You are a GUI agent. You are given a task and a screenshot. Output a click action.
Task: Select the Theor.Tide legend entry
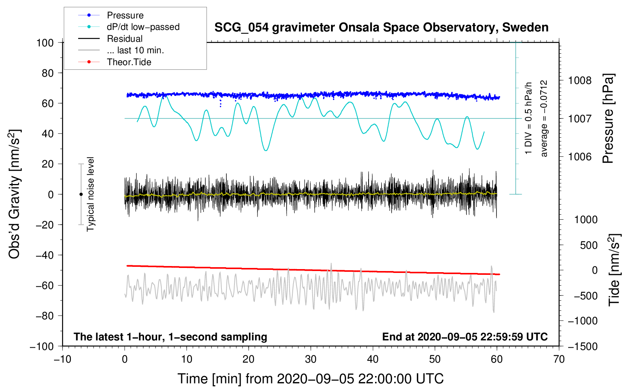[129, 62]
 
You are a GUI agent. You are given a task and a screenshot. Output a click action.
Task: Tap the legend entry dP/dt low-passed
[143, 27]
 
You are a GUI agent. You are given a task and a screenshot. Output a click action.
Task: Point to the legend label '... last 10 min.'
[135, 50]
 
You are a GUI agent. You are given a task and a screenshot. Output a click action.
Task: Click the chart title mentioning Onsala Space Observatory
[381, 28]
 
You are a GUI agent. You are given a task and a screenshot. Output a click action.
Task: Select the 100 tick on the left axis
[45, 43]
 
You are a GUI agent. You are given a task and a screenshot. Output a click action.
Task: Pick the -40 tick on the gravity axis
[44, 255]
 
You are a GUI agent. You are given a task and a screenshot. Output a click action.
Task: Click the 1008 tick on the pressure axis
[580, 80]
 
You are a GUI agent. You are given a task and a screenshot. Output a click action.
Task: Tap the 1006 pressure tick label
[580, 156]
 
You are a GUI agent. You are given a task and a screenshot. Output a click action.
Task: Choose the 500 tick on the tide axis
[588, 245]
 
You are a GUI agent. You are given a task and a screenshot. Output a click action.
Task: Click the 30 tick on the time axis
[311, 359]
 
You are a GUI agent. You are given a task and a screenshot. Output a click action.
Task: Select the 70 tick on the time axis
[559, 359]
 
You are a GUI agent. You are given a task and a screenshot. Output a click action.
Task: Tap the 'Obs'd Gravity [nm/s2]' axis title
[15, 194]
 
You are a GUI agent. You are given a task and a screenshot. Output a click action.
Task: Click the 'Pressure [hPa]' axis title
[608, 118]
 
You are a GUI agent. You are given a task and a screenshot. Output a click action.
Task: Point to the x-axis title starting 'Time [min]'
[310, 379]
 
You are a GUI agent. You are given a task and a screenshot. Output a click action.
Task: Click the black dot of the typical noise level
[81, 194]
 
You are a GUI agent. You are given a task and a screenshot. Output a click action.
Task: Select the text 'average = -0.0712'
[544, 118]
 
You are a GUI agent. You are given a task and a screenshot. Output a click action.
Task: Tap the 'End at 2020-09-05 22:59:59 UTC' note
[465, 337]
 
